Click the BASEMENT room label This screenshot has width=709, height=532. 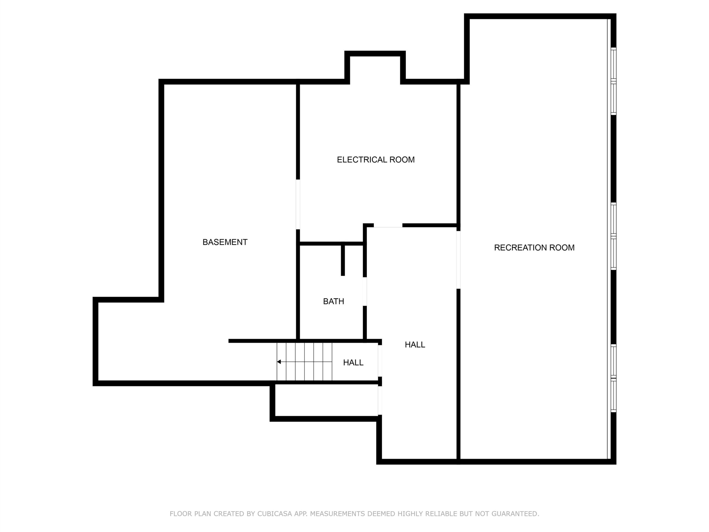[x=225, y=242]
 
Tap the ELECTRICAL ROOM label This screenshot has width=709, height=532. [x=376, y=160]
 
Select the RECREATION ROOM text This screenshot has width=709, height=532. [x=534, y=247]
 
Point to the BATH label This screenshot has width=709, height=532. [x=333, y=301]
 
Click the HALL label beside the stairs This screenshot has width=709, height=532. [x=353, y=363]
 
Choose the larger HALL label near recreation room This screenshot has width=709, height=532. [x=415, y=345]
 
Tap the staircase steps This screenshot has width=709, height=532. [x=304, y=362]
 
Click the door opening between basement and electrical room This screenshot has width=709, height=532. [x=298, y=204]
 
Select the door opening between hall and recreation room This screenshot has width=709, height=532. [x=458, y=260]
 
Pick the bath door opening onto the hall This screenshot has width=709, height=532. [x=364, y=291]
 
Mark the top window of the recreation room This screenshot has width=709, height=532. [x=613, y=81]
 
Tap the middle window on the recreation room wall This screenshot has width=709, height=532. [x=613, y=237]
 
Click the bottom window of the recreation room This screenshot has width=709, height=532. [x=613, y=378]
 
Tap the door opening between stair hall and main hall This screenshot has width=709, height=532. [x=380, y=360]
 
